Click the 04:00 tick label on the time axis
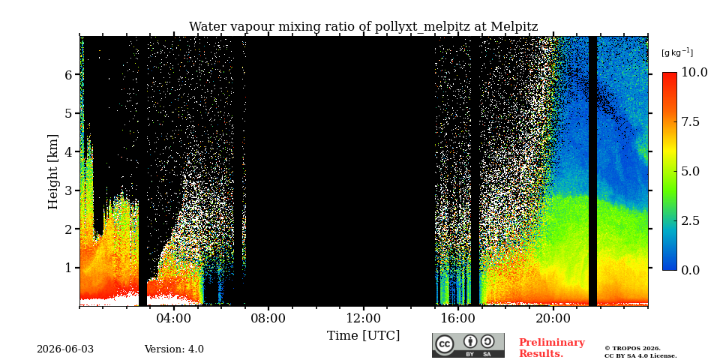(x=174, y=318)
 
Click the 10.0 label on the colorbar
(x=694, y=73)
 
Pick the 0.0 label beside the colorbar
(x=691, y=270)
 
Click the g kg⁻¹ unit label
(x=677, y=52)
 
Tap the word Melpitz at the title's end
(x=514, y=27)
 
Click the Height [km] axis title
(x=53, y=172)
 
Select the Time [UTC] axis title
(x=363, y=336)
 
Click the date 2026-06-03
(x=65, y=349)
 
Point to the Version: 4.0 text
(x=174, y=349)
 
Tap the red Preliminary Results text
(x=552, y=348)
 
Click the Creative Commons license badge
(x=468, y=345)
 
